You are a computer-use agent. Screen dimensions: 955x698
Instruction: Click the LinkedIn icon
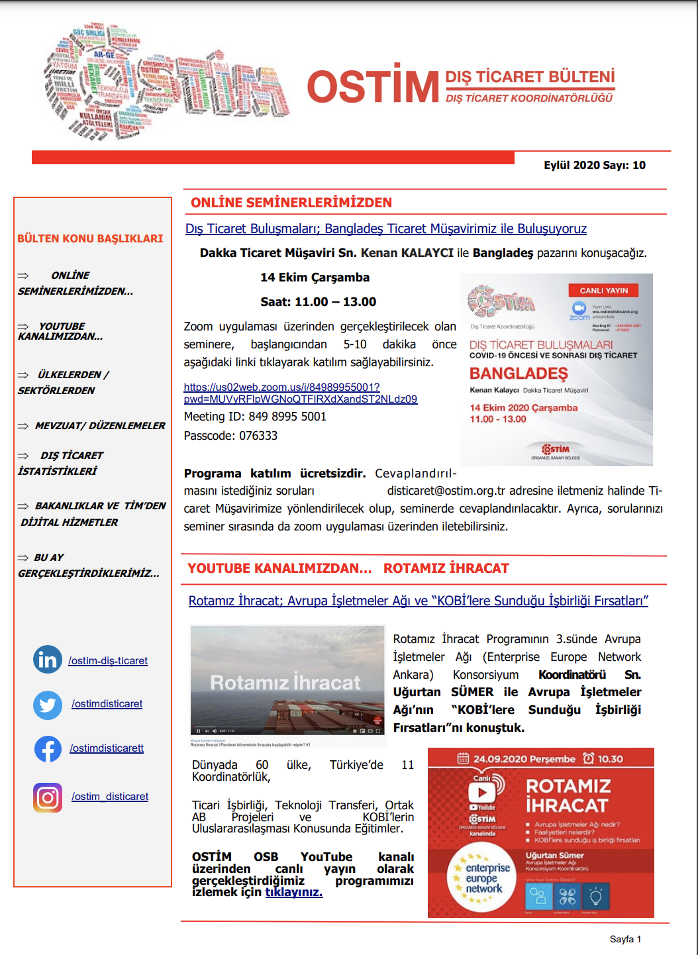pyautogui.click(x=48, y=660)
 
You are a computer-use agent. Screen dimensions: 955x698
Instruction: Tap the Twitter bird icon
pyautogui.click(x=48, y=705)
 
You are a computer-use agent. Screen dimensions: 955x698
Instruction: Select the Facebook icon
pyautogui.click(x=48, y=748)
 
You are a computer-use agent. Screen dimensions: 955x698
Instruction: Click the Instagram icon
pyautogui.click(x=48, y=797)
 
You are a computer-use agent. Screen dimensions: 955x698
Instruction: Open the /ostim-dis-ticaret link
pyautogui.click(x=108, y=661)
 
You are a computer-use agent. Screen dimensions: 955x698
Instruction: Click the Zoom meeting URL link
pyautogui.click(x=300, y=393)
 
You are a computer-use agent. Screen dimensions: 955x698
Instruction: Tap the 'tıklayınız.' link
pyautogui.click(x=293, y=892)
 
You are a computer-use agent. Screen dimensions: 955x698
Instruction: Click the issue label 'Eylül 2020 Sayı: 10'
pyautogui.click(x=594, y=166)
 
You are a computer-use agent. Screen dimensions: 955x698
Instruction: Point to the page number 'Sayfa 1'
pyautogui.click(x=625, y=939)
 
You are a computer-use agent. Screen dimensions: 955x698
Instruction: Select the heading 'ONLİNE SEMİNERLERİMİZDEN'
pyautogui.click(x=291, y=203)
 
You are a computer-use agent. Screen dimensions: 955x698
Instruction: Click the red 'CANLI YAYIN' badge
pyautogui.click(x=603, y=291)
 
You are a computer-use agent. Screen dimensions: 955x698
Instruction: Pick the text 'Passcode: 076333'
pyautogui.click(x=230, y=436)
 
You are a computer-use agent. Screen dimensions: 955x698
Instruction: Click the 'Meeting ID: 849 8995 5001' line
pyautogui.click(x=255, y=417)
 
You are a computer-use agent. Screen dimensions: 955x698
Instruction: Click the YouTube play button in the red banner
pyautogui.click(x=482, y=792)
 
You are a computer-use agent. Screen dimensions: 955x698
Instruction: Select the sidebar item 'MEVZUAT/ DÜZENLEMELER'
pyautogui.click(x=99, y=426)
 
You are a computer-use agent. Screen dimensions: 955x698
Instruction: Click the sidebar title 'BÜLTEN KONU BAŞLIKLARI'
pyautogui.click(x=90, y=238)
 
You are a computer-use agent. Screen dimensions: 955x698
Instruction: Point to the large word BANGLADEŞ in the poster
pyautogui.click(x=519, y=374)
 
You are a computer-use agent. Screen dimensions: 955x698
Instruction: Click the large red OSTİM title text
pyautogui.click(x=373, y=87)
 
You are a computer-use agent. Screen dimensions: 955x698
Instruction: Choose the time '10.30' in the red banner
pyautogui.click(x=610, y=759)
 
